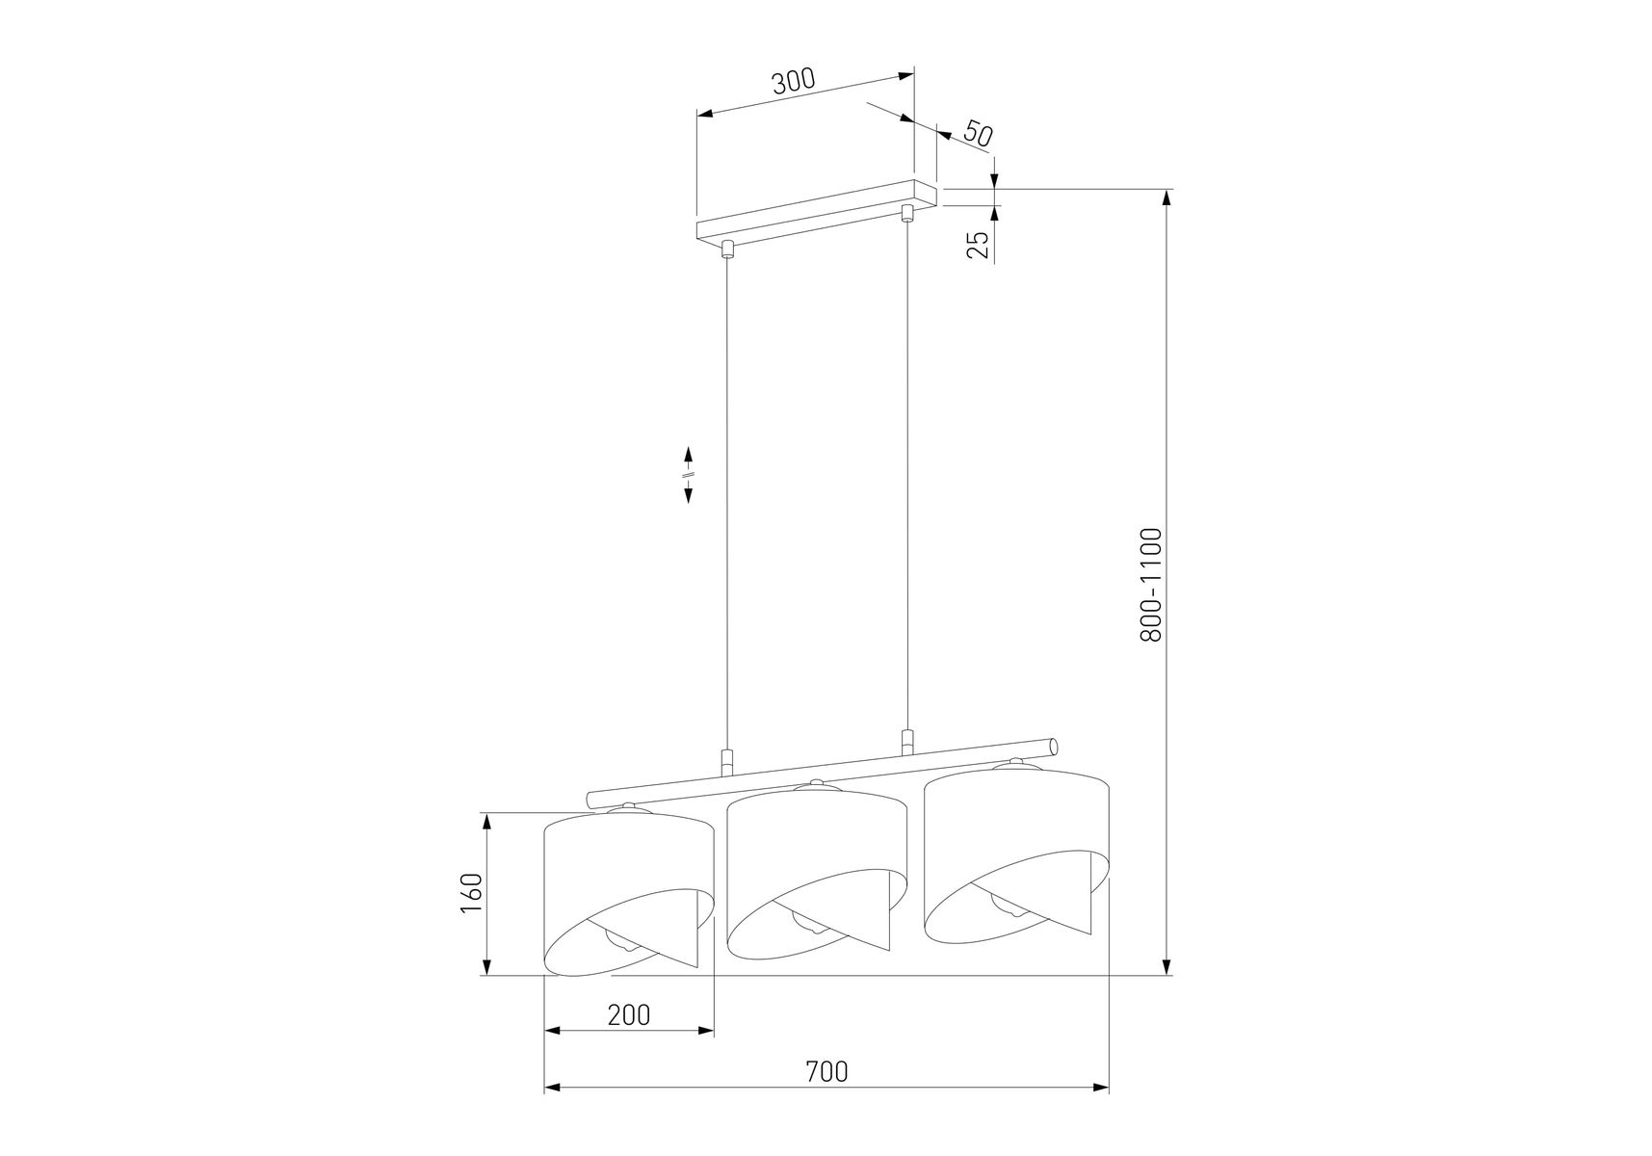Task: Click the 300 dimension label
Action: (x=794, y=80)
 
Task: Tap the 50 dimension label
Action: (x=977, y=134)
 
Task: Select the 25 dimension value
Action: (x=979, y=245)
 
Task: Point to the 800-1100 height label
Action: (x=1151, y=585)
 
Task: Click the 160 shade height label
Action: (x=470, y=893)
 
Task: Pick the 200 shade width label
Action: (x=629, y=1014)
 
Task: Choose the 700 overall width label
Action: (x=827, y=1071)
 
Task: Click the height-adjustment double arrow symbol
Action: (x=689, y=474)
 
